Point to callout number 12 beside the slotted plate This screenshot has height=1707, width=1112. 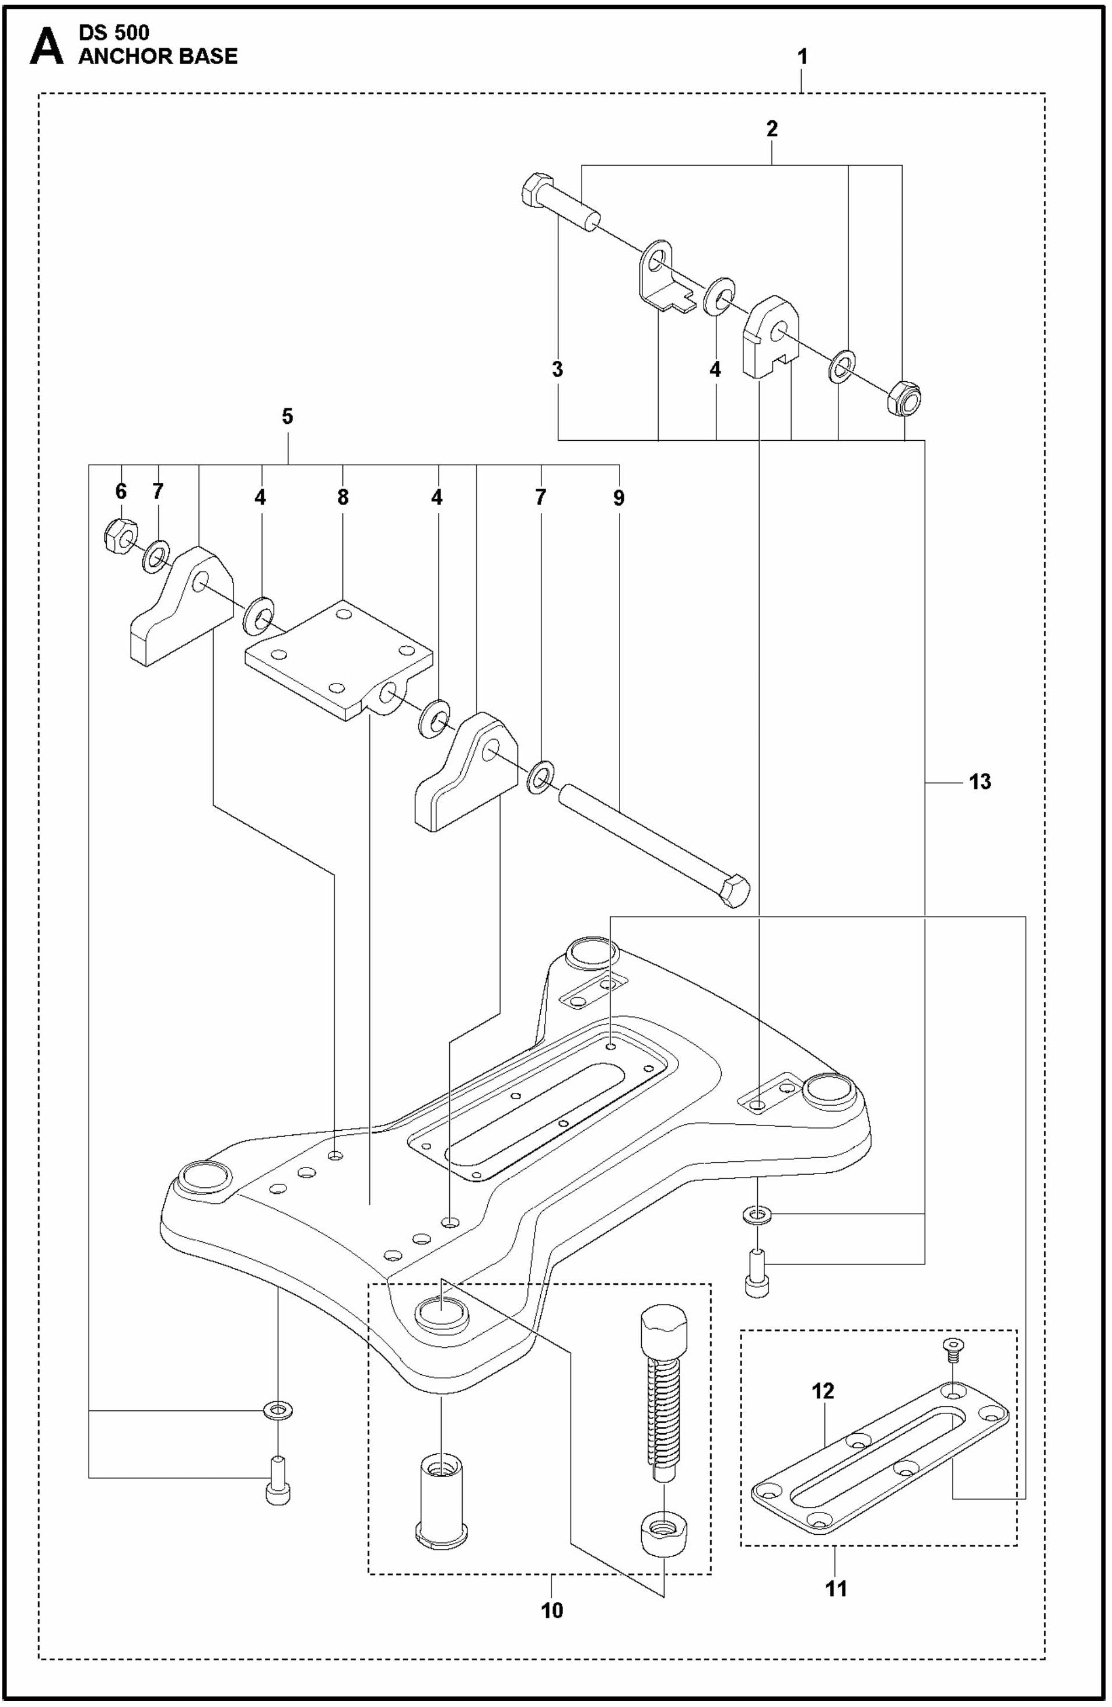point(823,1391)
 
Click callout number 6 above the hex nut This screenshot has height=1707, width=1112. point(120,492)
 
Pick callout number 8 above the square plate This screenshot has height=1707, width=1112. point(342,497)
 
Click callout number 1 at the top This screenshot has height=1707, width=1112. point(802,57)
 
